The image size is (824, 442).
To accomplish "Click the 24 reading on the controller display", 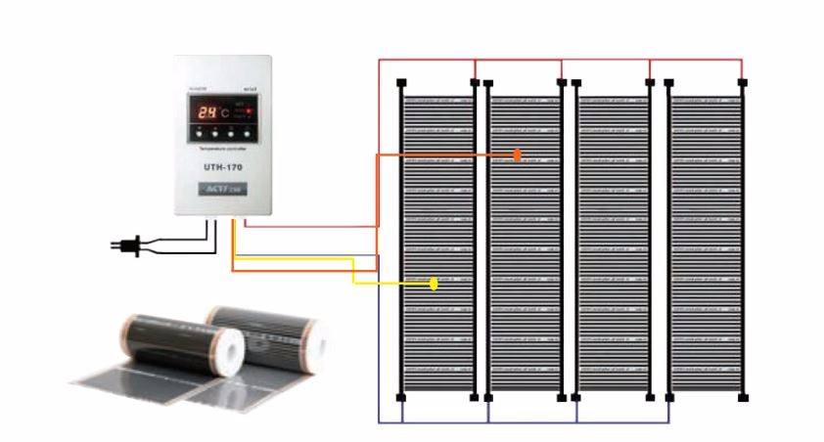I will [204, 111].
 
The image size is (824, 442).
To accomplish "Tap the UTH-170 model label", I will [221, 167].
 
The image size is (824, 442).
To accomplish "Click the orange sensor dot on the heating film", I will [518, 155].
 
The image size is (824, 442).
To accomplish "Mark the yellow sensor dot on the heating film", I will [435, 285].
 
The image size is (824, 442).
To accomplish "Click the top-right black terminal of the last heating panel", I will [743, 82].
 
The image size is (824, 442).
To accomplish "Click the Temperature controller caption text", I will [221, 149].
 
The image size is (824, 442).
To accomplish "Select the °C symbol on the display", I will [225, 111].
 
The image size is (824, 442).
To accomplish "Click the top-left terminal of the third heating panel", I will [575, 82].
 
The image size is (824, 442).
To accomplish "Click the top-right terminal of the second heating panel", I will [562, 82].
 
